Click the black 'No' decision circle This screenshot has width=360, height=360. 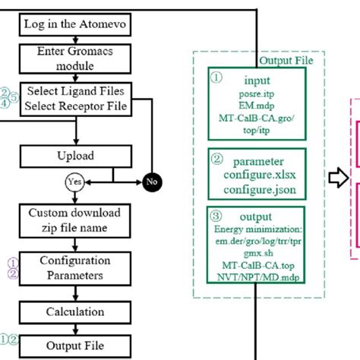point(153,182)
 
